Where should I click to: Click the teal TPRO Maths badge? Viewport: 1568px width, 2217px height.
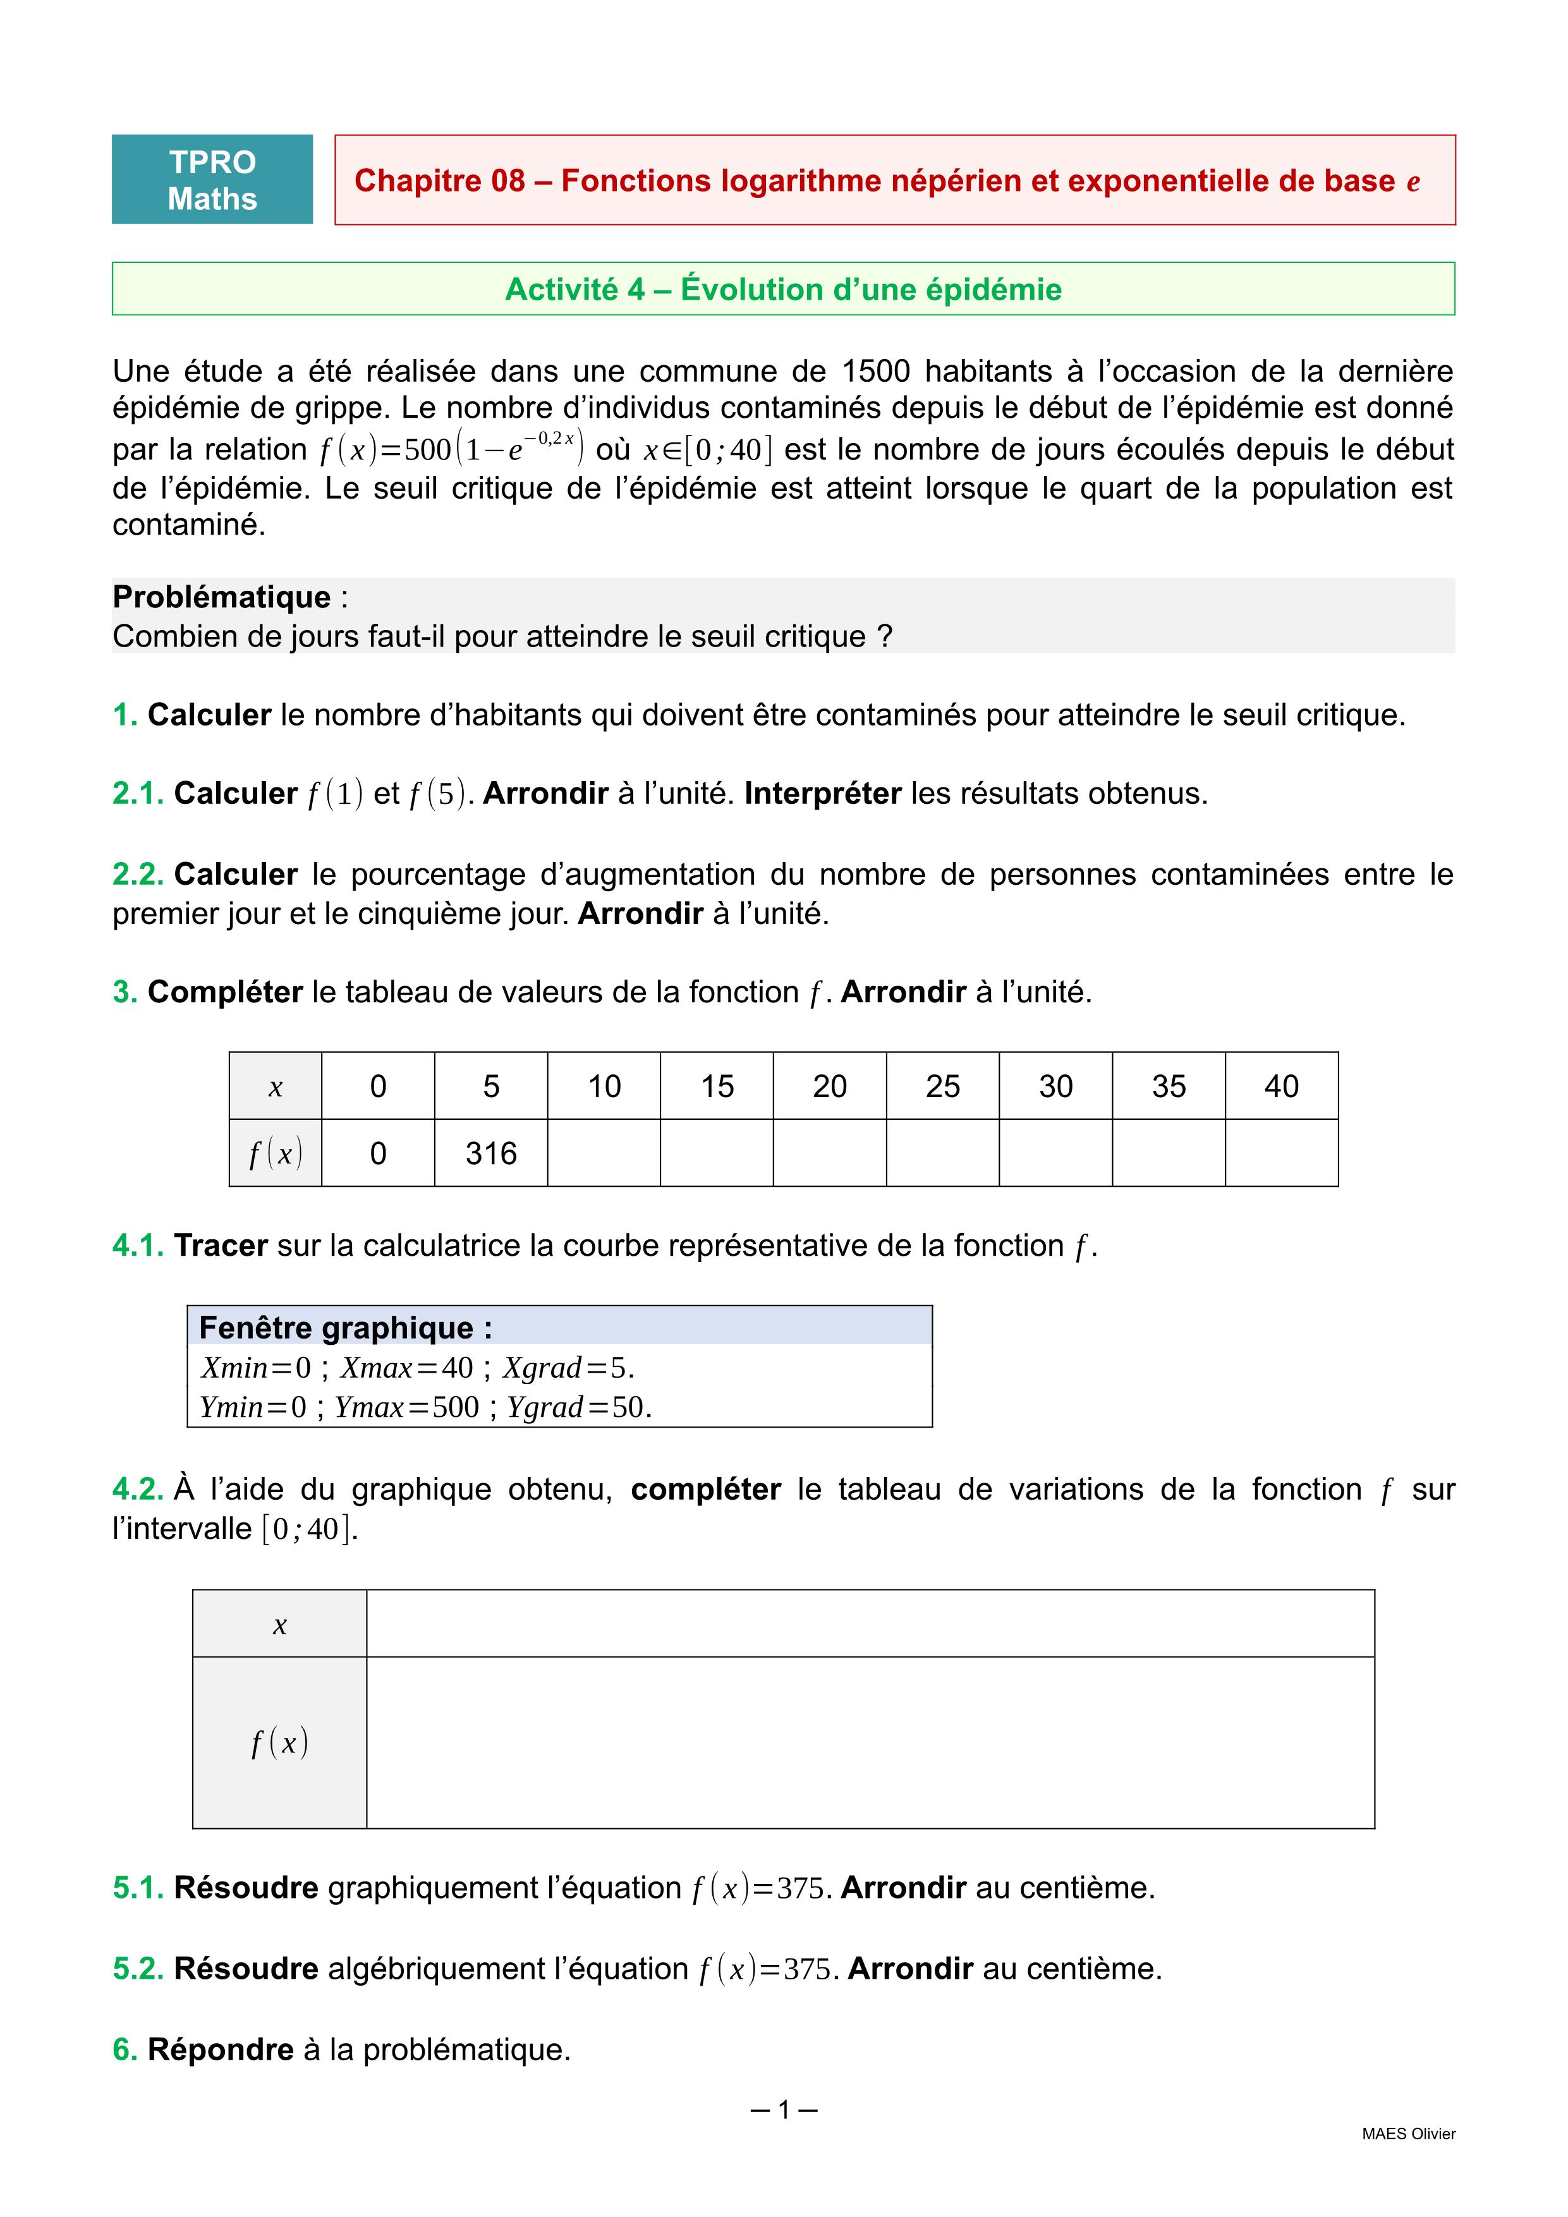212,179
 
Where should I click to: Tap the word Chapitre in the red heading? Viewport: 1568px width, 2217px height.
439,181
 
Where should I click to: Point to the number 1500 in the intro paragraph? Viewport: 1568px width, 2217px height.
876,371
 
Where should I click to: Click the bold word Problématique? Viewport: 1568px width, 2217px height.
221,597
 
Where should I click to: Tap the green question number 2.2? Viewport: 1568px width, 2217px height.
138,874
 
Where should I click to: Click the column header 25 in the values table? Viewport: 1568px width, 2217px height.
942,1086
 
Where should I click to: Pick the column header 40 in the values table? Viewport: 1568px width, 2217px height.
1281,1086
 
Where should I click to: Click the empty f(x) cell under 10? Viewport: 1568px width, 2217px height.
604,1153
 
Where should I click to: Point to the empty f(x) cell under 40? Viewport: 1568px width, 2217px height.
1281,1153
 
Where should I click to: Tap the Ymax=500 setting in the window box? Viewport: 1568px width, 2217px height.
406,1407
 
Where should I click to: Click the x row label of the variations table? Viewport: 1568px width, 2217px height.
279,1625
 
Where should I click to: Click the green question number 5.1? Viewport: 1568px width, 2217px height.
138,1888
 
